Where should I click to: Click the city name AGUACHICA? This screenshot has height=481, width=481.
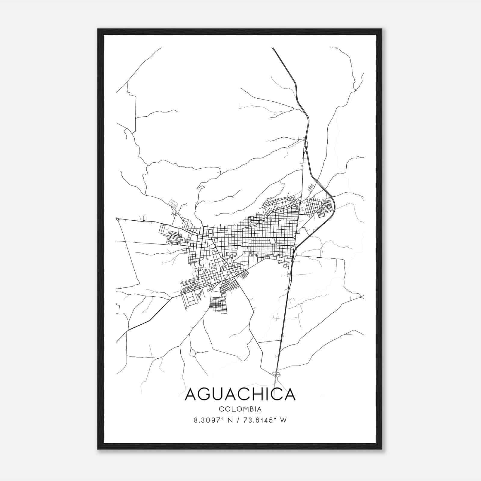[x=240, y=394]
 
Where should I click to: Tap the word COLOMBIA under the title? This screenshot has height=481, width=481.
[x=240, y=409]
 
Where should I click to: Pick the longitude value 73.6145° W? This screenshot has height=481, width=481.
[x=265, y=420]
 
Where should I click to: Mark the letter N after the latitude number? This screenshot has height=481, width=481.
[x=231, y=420]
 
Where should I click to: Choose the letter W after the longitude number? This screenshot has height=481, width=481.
[x=283, y=420]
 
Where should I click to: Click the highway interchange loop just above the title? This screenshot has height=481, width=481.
[x=276, y=374]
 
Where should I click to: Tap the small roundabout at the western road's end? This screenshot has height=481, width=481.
[x=118, y=219]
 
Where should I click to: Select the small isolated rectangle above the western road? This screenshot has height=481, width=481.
[x=144, y=218]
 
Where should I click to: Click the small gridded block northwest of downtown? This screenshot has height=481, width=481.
[x=173, y=203]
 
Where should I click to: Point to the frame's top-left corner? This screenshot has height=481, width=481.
[x=98, y=29]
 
